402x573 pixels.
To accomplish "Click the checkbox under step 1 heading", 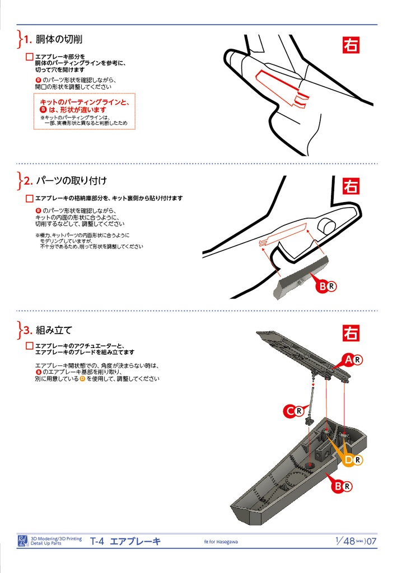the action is pos(30,57).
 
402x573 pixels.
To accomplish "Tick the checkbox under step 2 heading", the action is pos(30,199).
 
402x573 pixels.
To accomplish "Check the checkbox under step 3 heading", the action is pos(30,346).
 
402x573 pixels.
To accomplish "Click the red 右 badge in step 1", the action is pos(351,45).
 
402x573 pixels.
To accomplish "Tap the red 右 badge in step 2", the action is pos(351,186).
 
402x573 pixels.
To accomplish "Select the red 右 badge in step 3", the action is pos(351,333).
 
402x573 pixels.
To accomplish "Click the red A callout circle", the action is pos(349,360).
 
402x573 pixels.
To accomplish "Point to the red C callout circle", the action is pos(290,411).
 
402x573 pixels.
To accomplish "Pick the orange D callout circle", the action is pos(349,460).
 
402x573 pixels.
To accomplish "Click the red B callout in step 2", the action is pos(322,286).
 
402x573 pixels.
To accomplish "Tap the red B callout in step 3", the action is pos(338,486).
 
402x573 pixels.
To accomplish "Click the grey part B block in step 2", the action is pos(300,278).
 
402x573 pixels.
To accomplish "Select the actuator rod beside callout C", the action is pos(312,400).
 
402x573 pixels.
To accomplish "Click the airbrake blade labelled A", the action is pos(303,356).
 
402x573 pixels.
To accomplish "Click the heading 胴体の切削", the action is pos(59,39).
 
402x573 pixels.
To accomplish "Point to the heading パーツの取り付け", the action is pos(71,181).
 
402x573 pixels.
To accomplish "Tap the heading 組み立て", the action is pos(54,330).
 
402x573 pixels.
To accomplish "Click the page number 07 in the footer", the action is pos(372,541).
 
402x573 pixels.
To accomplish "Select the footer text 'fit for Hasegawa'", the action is pos(221,542).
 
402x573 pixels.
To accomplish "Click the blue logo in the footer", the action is pos(23,541).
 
